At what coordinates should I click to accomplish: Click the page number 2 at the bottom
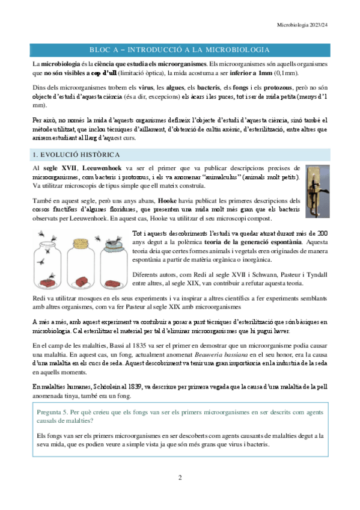(180, 478)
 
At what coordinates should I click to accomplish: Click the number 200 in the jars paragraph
(322, 232)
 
